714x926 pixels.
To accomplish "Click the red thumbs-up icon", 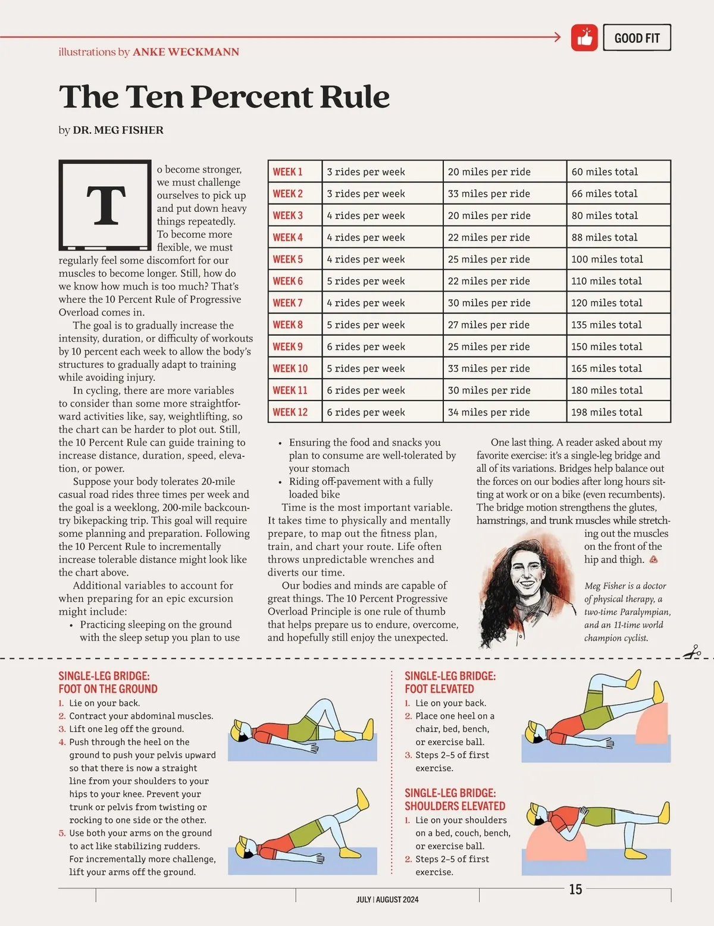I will tap(584, 37).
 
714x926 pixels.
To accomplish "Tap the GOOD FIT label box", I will tap(637, 37).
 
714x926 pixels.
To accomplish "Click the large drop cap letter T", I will tap(106, 204).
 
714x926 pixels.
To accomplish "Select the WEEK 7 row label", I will tap(288, 303).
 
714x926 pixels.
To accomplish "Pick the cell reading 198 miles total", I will tap(606, 412).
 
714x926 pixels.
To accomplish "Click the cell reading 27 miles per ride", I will tap(488, 325).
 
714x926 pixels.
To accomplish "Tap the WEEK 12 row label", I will tap(290, 412).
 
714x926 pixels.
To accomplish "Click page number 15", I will tap(575, 889).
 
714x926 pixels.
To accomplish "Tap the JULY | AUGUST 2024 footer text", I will tap(387, 899).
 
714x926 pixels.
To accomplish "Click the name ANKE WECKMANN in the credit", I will tap(186, 52).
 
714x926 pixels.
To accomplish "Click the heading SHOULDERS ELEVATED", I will tap(455, 806).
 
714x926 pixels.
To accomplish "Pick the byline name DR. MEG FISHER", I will tap(118, 130).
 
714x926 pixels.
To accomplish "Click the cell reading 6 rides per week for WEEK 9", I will tap(366, 346).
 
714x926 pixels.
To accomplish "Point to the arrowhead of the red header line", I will tap(557, 37).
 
